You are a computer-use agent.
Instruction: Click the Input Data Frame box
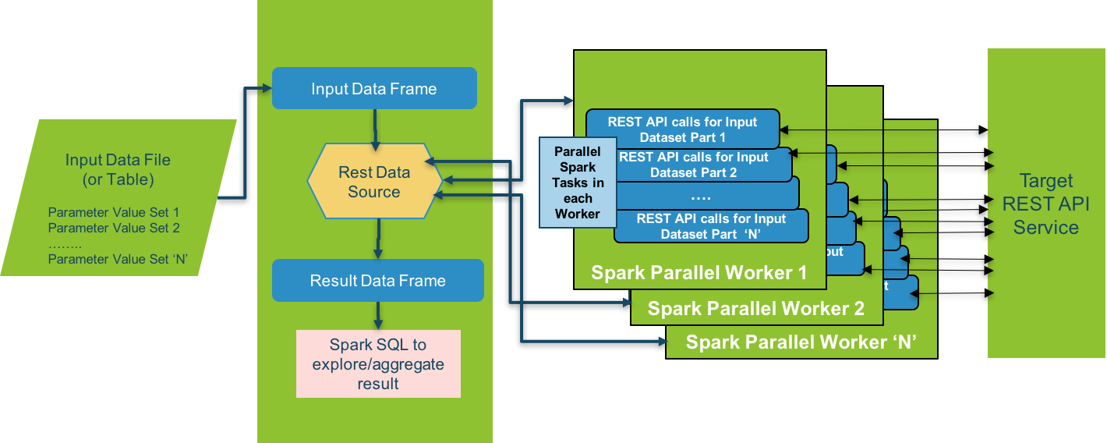pyautogui.click(x=374, y=88)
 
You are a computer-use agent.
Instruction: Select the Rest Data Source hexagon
pyautogui.click(x=374, y=181)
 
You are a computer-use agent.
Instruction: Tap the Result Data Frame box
pyautogui.click(x=377, y=281)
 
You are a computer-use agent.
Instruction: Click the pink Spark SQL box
pyautogui.click(x=378, y=363)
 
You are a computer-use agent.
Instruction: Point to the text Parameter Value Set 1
pyautogui.click(x=114, y=212)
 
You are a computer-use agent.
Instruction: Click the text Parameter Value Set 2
pyautogui.click(x=114, y=228)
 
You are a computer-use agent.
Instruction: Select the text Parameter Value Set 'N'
pyautogui.click(x=117, y=259)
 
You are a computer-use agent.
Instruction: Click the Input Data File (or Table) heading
pyautogui.click(x=118, y=169)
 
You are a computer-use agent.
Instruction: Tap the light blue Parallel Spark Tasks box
pyautogui.click(x=578, y=183)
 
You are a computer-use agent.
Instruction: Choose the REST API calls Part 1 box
pyautogui.click(x=683, y=129)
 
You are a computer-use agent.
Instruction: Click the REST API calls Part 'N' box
pyautogui.click(x=711, y=226)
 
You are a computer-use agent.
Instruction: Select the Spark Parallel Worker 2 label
pyautogui.click(x=755, y=309)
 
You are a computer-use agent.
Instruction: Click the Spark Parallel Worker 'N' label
pyautogui.click(x=800, y=342)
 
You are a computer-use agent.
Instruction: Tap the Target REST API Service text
pyautogui.click(x=1045, y=204)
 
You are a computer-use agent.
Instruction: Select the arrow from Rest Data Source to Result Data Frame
pyautogui.click(x=378, y=239)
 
